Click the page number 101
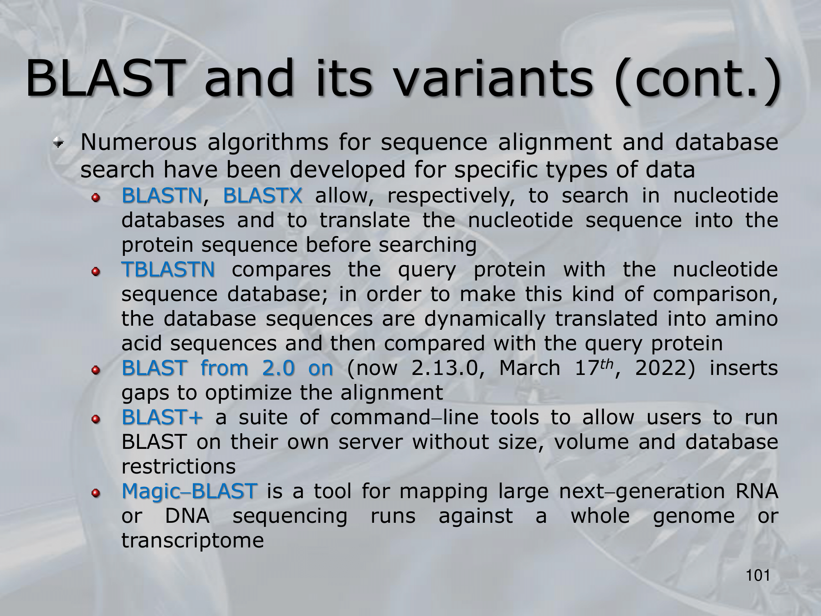758,576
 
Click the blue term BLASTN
162,195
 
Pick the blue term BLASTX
263,195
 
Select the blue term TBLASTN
168,269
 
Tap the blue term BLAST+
162,417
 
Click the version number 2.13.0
445,368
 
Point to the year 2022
661,368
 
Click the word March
530,368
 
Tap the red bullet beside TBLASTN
96,272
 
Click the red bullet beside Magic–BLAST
96,494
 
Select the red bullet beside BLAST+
96,420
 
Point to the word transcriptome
193,540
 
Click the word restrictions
179,467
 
